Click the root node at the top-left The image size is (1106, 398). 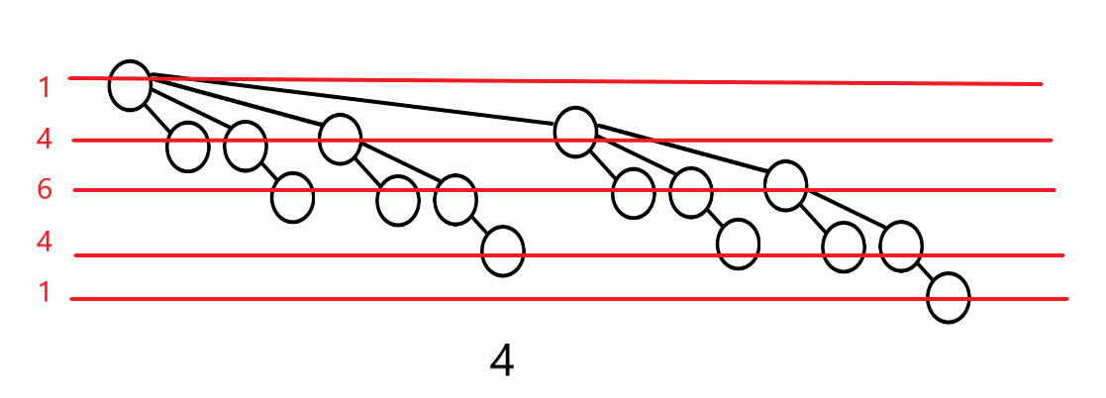130,85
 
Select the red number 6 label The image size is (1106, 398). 45,190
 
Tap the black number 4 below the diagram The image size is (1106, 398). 502,362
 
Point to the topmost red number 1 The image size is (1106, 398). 45,87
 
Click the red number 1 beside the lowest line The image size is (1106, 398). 45,293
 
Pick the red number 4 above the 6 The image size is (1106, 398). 45,139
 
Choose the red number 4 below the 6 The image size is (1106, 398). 45,242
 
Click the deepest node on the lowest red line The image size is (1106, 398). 949,297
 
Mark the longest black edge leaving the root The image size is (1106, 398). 356,102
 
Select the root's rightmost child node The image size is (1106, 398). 575,131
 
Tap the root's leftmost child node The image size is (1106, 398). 188,148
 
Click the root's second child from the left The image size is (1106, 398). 246,147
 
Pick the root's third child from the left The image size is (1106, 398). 340,139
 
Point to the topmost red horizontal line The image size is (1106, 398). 594,81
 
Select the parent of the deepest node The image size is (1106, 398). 901,247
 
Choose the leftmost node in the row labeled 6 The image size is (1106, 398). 293,197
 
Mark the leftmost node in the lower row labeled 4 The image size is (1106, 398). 502,251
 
